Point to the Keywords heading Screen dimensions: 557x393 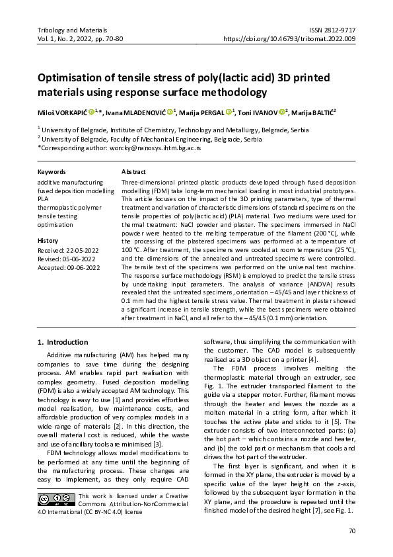(x=52, y=171)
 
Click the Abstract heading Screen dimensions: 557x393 (x=133, y=171)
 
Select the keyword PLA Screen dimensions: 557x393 (x=44, y=198)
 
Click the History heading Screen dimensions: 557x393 (x=48, y=241)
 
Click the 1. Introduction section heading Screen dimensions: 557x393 (x=63, y=342)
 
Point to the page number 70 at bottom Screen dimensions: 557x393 (x=351, y=531)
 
